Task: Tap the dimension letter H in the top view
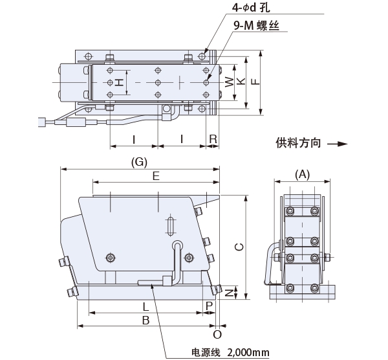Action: pos(118,82)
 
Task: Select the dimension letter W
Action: pos(228,82)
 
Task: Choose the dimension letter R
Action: pos(213,139)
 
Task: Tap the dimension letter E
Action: pos(156,175)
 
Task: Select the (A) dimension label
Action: pos(302,174)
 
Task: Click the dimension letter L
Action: pos(145,306)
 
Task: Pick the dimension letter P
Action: pos(209,306)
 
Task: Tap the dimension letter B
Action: pos(146,320)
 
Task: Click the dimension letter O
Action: pos(217,334)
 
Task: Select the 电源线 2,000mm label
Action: pos(229,352)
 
